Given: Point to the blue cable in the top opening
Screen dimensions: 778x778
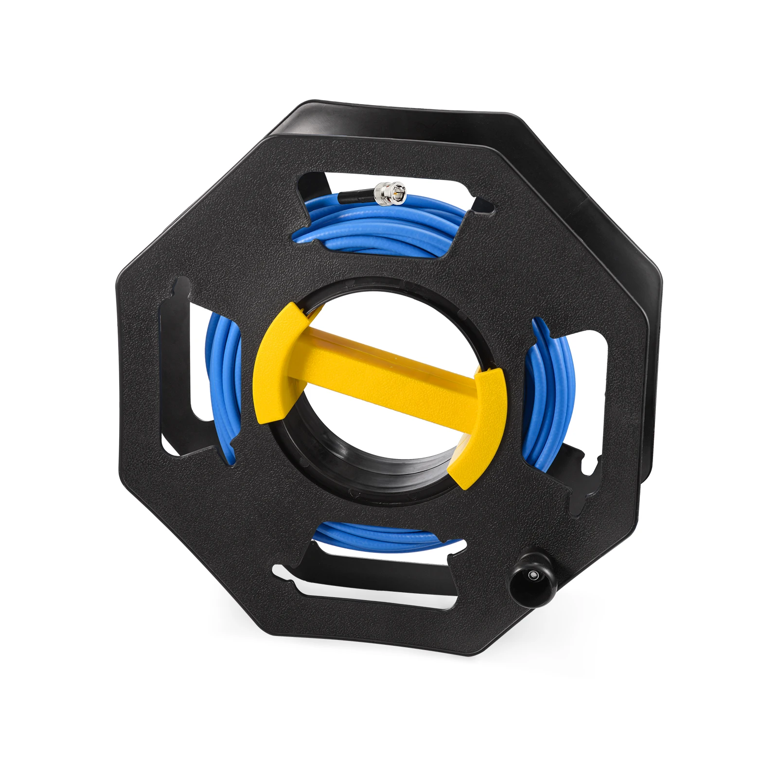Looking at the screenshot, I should (x=379, y=224).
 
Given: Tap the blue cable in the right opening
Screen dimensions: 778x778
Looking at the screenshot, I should (x=549, y=389).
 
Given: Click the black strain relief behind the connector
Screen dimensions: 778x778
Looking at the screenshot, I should (x=355, y=197).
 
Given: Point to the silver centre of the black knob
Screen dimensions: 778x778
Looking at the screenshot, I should (x=534, y=575).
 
